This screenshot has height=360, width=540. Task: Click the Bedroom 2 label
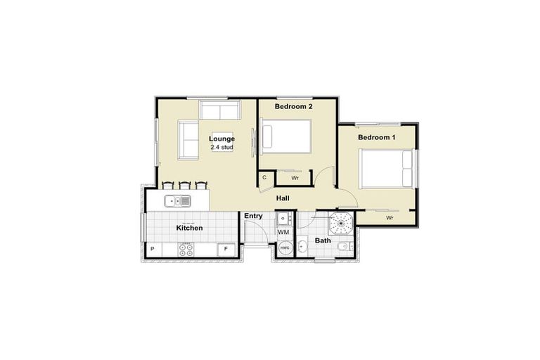tap(293, 106)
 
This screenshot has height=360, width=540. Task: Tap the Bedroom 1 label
tap(376, 137)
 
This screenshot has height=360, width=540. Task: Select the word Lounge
tap(222, 139)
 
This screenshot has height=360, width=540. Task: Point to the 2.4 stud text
tap(222, 148)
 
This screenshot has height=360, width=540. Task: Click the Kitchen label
tap(189, 228)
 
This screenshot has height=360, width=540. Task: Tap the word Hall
tap(283, 198)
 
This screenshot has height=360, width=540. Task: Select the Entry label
tap(253, 216)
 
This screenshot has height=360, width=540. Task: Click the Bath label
tap(323, 240)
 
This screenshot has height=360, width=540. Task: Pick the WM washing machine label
tap(283, 231)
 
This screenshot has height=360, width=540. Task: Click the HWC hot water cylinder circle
tap(285, 248)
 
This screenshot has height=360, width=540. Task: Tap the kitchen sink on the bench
tap(177, 202)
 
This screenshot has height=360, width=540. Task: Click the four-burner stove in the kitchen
tap(186, 248)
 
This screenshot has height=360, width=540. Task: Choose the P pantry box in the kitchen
tap(153, 249)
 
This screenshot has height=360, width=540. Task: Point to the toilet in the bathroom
tap(343, 247)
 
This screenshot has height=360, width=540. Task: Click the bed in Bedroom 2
tap(286, 136)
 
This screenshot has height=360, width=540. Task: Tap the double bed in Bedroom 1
tap(387, 169)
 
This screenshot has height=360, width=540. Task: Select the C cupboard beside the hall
tap(264, 178)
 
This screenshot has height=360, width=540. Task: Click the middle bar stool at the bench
tap(185, 186)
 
